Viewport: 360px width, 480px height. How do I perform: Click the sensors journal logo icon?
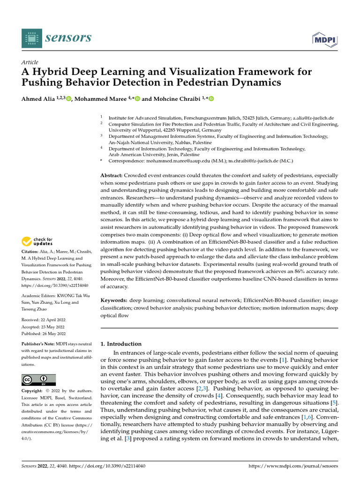[31, 37]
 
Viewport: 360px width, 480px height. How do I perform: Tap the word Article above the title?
[30, 62]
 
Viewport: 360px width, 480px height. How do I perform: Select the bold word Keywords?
[114, 300]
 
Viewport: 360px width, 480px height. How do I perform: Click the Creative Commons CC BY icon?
[38, 379]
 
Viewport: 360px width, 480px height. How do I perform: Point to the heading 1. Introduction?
[121, 344]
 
